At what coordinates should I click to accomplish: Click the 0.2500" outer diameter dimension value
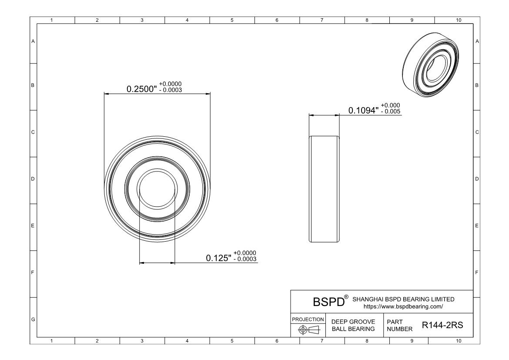click(141, 89)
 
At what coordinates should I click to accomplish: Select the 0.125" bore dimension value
click(218, 258)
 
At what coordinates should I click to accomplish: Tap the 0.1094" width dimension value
click(363, 111)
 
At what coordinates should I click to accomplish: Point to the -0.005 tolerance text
click(391, 111)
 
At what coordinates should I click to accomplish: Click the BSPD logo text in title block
click(328, 302)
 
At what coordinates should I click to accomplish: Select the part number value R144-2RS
click(442, 325)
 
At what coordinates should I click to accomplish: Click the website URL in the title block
click(403, 306)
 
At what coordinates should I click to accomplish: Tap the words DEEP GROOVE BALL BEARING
click(353, 325)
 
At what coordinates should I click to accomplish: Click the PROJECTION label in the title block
click(308, 320)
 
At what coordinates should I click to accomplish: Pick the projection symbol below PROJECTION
click(309, 330)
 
